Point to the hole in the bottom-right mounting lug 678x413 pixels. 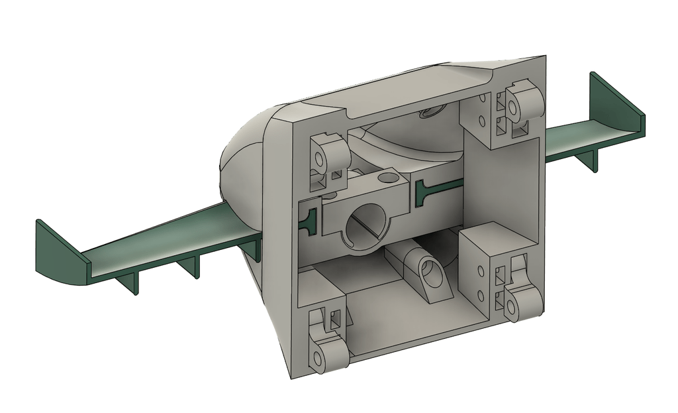click(512, 308)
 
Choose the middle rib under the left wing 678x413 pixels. click(191, 267)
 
